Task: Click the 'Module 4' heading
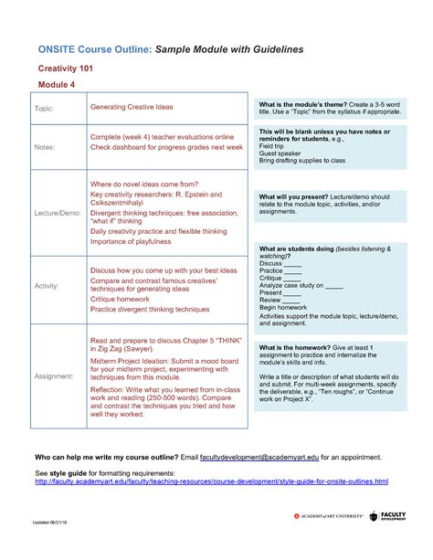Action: pyautogui.click(x=57, y=85)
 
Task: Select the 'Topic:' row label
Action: pyautogui.click(x=45, y=109)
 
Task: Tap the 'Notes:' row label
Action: pyautogui.click(x=45, y=146)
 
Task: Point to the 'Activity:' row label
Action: pyautogui.click(x=48, y=286)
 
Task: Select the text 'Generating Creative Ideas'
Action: pyautogui.click(x=131, y=107)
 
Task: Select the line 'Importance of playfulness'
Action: pyautogui.click(x=134, y=242)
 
